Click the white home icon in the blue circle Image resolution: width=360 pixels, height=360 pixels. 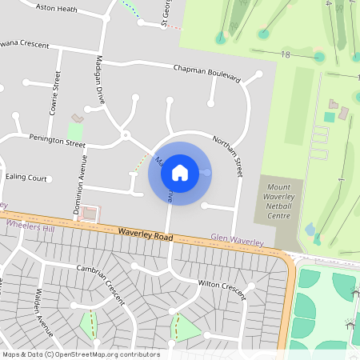pyautogui.click(x=180, y=173)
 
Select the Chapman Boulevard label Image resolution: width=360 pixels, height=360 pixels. pyautogui.click(x=206, y=73)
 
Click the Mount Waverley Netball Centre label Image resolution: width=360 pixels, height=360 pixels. pyautogui.click(x=279, y=204)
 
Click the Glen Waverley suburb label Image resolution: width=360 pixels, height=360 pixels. pyautogui.click(x=237, y=238)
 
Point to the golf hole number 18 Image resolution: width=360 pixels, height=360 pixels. pyautogui.click(x=286, y=54)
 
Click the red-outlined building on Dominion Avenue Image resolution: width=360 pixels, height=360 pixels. pyautogui.click(x=90, y=214)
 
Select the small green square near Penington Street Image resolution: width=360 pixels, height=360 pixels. pyautogui.click(x=75, y=130)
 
